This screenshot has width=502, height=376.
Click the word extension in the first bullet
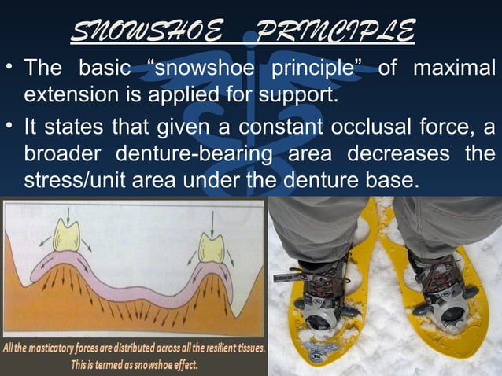[69, 95]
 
